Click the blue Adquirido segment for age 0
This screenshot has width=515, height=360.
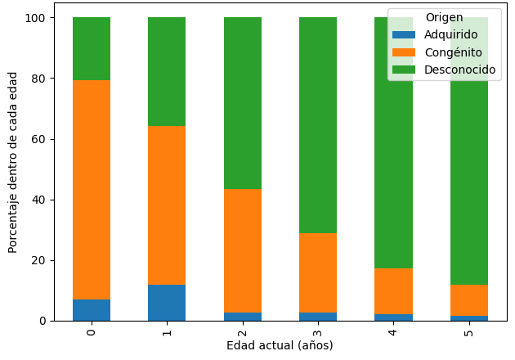click(x=92, y=310)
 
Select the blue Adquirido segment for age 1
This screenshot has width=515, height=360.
click(x=167, y=303)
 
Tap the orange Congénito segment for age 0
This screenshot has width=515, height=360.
click(x=92, y=190)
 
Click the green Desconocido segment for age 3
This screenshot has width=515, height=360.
click(x=318, y=125)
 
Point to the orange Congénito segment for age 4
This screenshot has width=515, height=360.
click(x=394, y=291)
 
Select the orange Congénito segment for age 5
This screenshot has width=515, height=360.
click(x=469, y=300)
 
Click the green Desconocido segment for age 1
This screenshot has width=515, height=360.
click(x=167, y=71)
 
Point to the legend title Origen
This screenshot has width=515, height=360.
click(x=444, y=18)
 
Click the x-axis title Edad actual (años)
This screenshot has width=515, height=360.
click(x=280, y=345)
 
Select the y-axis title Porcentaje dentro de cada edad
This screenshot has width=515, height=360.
click(x=13, y=161)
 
